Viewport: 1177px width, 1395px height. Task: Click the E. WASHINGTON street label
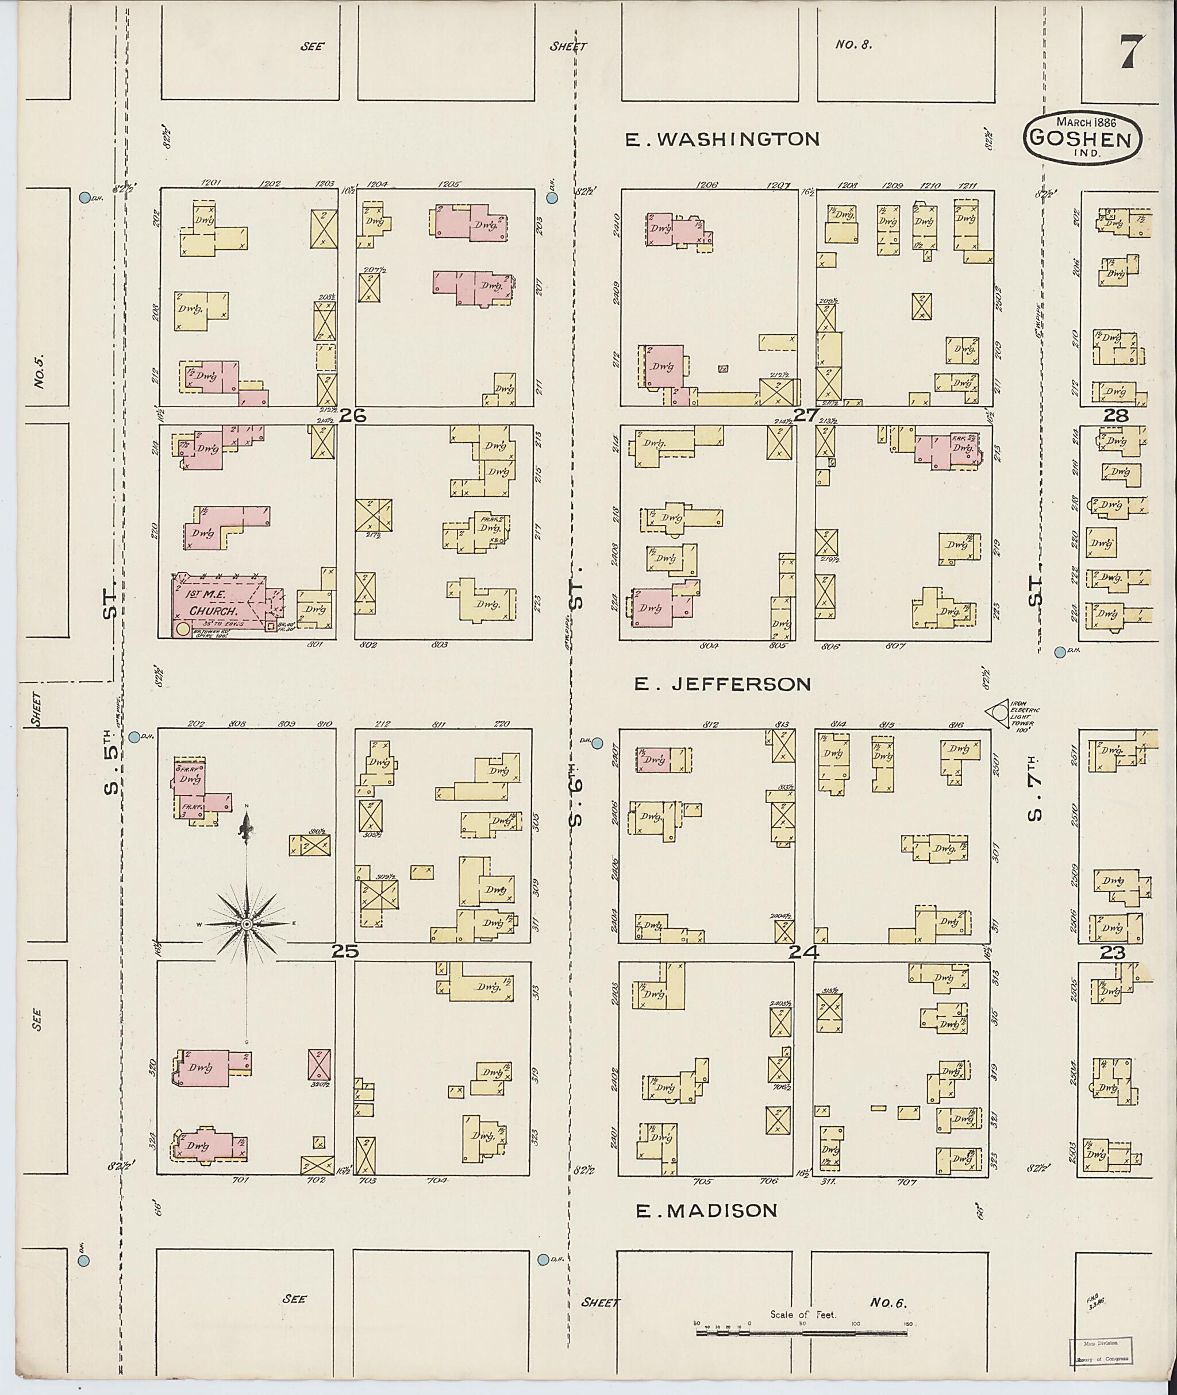[x=722, y=139]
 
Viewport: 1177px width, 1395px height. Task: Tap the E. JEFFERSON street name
[x=722, y=683]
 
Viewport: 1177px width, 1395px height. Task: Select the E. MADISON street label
[x=706, y=1210]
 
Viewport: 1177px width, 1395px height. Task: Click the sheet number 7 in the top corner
[x=1132, y=51]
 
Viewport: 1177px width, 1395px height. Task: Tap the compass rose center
[x=246, y=923]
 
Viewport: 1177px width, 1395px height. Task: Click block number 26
[x=352, y=415]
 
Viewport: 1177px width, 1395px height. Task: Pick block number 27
[x=806, y=415]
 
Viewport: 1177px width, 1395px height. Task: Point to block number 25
[x=345, y=952]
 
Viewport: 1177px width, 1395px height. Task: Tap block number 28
[x=1115, y=415]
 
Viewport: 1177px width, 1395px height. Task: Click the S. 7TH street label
[x=1034, y=787]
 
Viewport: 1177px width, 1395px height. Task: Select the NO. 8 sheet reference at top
[x=853, y=45]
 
